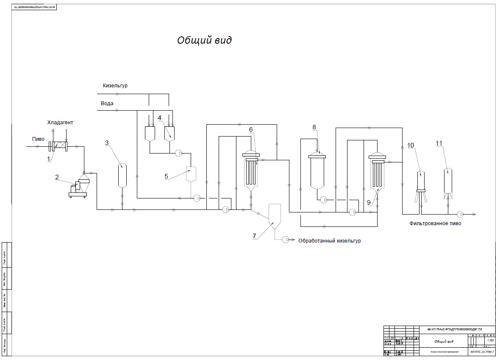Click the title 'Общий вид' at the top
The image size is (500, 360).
[205, 40]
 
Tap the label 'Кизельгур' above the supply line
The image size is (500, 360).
[115, 86]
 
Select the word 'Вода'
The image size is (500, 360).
[107, 103]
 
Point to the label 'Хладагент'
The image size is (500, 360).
[60, 123]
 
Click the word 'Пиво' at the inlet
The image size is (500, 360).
[38, 139]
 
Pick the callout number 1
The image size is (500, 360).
[48, 159]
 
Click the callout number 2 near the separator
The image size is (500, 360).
[56, 177]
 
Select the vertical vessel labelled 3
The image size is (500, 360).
[122, 175]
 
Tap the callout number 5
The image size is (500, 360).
[167, 175]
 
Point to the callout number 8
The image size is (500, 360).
[314, 127]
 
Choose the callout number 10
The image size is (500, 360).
[411, 145]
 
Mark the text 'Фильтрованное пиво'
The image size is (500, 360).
[435, 223]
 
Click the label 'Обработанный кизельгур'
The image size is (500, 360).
[330, 241]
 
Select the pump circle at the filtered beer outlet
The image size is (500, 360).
[460, 214]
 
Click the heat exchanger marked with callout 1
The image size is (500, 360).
[58, 146]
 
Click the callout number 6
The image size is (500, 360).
[251, 129]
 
